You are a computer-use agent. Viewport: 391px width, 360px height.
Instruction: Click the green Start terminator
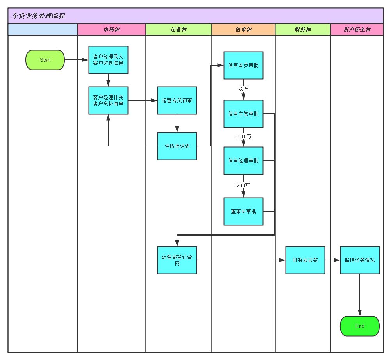(x=45, y=60)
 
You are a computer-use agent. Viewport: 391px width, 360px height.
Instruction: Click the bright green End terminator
(x=360, y=326)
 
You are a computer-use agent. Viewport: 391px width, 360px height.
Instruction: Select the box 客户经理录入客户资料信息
(x=108, y=60)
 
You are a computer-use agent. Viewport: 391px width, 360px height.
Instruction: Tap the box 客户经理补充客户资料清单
(x=108, y=100)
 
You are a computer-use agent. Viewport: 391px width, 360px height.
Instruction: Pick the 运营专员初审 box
(x=177, y=100)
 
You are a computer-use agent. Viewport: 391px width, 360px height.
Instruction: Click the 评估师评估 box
(x=177, y=146)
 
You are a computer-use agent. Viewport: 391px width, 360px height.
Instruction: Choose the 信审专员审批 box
(x=243, y=65)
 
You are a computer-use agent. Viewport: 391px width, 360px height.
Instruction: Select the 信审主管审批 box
(x=243, y=114)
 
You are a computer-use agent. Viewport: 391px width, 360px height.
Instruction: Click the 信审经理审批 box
(x=243, y=160)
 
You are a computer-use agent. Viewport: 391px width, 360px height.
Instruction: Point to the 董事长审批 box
(x=243, y=211)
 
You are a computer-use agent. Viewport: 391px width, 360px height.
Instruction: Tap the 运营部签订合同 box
(x=177, y=260)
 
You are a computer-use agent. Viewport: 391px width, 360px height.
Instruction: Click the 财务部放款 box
(x=305, y=260)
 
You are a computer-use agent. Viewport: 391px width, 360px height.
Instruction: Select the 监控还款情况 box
(x=360, y=260)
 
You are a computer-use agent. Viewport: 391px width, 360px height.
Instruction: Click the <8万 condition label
(x=243, y=89)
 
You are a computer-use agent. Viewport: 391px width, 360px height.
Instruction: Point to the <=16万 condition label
(x=243, y=136)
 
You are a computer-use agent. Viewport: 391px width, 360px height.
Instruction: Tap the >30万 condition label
(x=243, y=185)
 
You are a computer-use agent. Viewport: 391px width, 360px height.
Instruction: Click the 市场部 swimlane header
(x=112, y=29)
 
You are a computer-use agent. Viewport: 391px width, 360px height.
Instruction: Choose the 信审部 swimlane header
(x=243, y=29)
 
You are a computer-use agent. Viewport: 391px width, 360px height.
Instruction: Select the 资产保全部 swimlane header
(x=357, y=29)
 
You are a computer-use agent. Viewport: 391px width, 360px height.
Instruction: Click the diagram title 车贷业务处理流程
(x=38, y=16)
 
